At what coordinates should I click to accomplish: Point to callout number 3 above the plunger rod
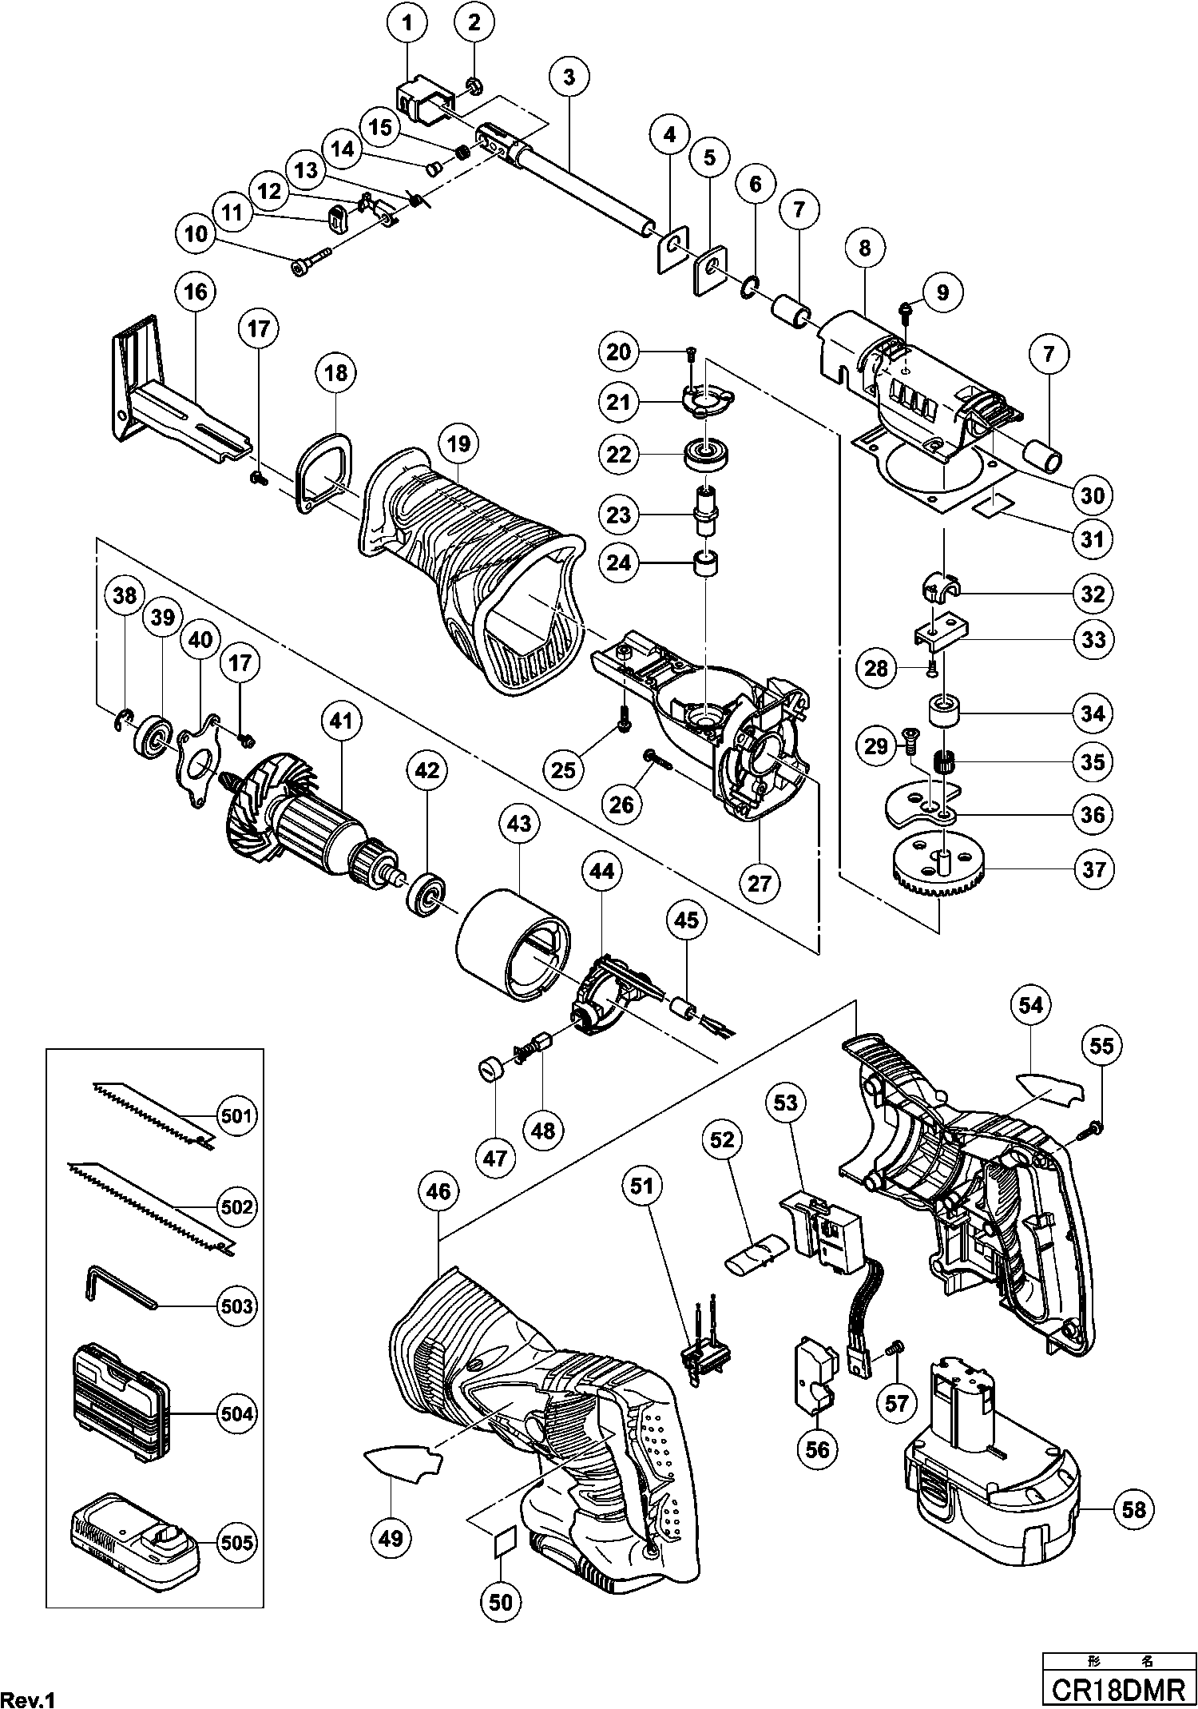[569, 78]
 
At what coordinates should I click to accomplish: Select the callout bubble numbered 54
[1030, 1005]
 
